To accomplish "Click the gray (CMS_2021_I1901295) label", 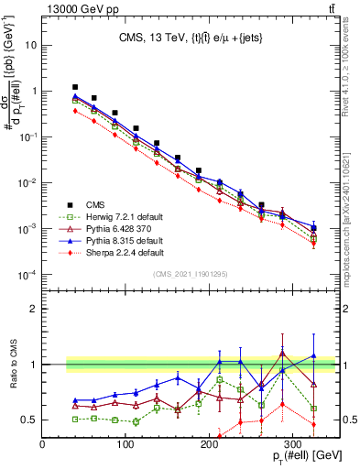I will (190, 274).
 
